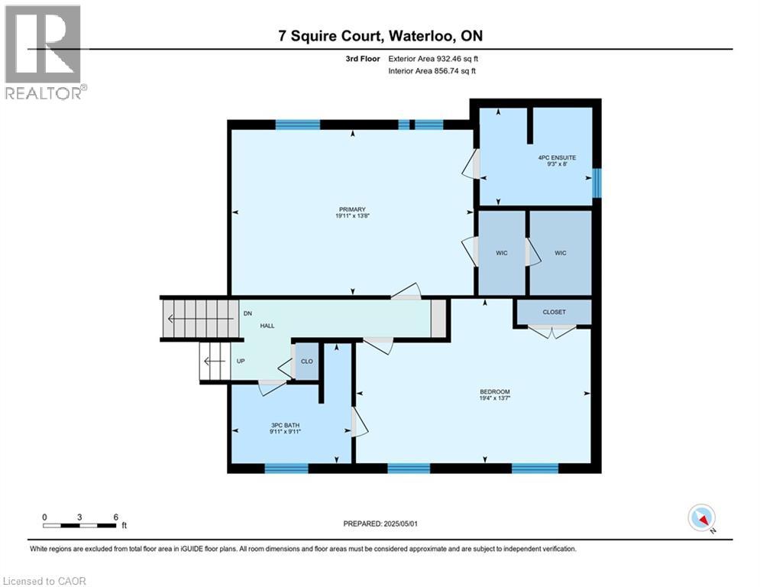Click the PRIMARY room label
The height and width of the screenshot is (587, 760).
click(353, 213)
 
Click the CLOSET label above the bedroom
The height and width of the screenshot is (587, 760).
click(554, 312)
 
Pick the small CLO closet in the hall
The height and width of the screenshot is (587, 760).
click(306, 362)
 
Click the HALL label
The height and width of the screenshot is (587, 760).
click(267, 326)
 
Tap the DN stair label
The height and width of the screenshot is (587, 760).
click(247, 313)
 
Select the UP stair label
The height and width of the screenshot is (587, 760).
click(241, 361)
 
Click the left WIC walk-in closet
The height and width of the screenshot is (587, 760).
click(501, 253)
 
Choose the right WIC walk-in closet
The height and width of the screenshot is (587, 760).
click(560, 253)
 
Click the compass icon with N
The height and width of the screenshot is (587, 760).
click(701, 518)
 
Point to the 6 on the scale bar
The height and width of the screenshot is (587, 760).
click(115, 517)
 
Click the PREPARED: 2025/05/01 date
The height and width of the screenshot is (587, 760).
click(382, 524)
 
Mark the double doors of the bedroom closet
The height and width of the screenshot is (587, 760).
click(552, 332)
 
